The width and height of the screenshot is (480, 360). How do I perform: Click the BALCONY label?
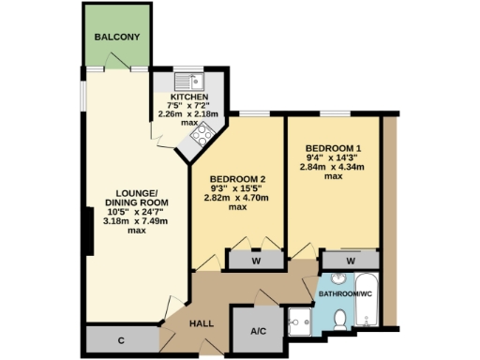tap(117, 37)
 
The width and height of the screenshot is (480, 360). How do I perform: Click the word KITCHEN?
tap(188, 97)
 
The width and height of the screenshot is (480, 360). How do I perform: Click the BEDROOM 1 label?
tap(332, 148)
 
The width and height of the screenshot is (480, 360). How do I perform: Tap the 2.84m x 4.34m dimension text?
tap(332, 167)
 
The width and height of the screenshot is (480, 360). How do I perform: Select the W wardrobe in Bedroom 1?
tap(350, 260)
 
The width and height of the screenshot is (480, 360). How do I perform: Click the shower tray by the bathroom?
tap(300, 321)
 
